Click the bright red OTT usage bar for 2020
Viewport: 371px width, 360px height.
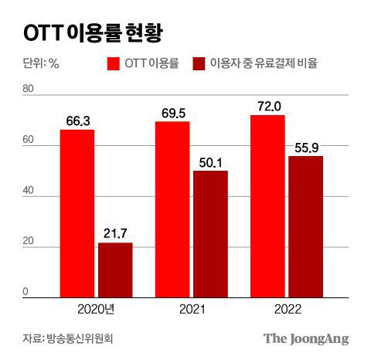point(77,213)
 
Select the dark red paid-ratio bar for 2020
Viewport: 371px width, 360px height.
point(115,270)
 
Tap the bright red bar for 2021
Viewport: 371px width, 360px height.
point(172,209)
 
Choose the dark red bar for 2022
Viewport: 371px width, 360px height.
point(305,226)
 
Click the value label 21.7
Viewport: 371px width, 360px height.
point(115,233)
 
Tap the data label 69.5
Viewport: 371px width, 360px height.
point(172,112)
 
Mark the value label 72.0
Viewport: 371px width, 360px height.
point(267,106)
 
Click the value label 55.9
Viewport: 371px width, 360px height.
point(305,147)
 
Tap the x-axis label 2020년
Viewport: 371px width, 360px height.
point(97,309)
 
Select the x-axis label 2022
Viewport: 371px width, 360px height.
point(286,309)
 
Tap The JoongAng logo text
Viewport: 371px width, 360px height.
point(306,338)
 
